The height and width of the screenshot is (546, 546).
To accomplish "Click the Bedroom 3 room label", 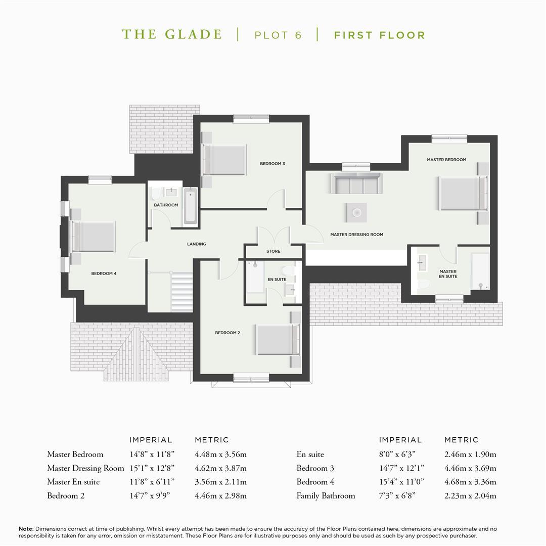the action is point(272,164).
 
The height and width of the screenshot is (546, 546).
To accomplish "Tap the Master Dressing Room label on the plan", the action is point(356,235).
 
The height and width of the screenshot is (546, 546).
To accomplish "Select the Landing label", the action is point(196,244).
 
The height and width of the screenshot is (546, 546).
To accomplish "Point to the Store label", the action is point(274,251).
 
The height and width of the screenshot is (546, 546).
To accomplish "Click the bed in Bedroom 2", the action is point(278,340).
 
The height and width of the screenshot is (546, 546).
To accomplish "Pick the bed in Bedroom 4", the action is point(93,237).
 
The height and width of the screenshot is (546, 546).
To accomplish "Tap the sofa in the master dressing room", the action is point(356,183).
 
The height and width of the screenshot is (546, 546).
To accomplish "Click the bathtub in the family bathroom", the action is point(190,206).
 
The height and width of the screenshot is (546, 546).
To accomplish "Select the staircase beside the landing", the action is point(182,292).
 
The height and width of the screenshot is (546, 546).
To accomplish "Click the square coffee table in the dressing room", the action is point(356,212).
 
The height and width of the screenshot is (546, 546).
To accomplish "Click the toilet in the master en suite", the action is point(424,284).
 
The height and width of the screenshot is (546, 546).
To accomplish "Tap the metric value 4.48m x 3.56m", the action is point(220,454).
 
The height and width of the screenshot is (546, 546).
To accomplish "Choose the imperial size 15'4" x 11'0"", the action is point(401,482).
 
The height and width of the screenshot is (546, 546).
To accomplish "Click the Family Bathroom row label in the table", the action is point(326,496).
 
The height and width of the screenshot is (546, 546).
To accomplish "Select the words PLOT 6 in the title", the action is point(278,35).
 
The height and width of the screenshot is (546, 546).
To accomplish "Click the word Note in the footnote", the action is point(26,529).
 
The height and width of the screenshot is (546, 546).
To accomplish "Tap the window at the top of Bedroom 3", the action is point(251,119).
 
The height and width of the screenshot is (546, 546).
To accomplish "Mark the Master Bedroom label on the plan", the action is point(446,160).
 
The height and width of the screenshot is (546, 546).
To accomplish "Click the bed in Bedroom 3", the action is point(224,160).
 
